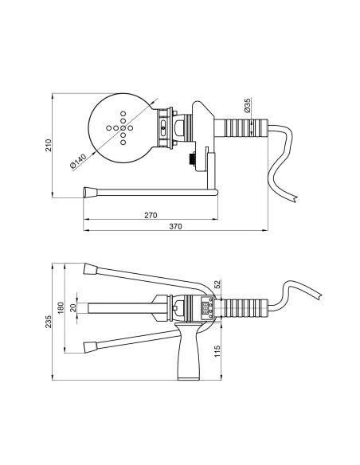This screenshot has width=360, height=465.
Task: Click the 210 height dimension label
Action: (49, 145)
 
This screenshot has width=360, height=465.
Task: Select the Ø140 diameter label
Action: (78, 161)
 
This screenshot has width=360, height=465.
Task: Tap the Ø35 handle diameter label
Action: (247, 105)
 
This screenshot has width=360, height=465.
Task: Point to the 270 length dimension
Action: (151, 215)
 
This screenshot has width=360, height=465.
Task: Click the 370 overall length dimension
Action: (175, 226)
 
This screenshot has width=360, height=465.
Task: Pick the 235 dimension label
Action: (49, 322)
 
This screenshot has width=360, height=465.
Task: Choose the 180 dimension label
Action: (61, 308)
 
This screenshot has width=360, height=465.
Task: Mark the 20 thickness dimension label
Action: (73, 307)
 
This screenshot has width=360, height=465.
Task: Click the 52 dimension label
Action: (217, 284)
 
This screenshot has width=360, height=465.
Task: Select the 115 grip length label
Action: (217, 351)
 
